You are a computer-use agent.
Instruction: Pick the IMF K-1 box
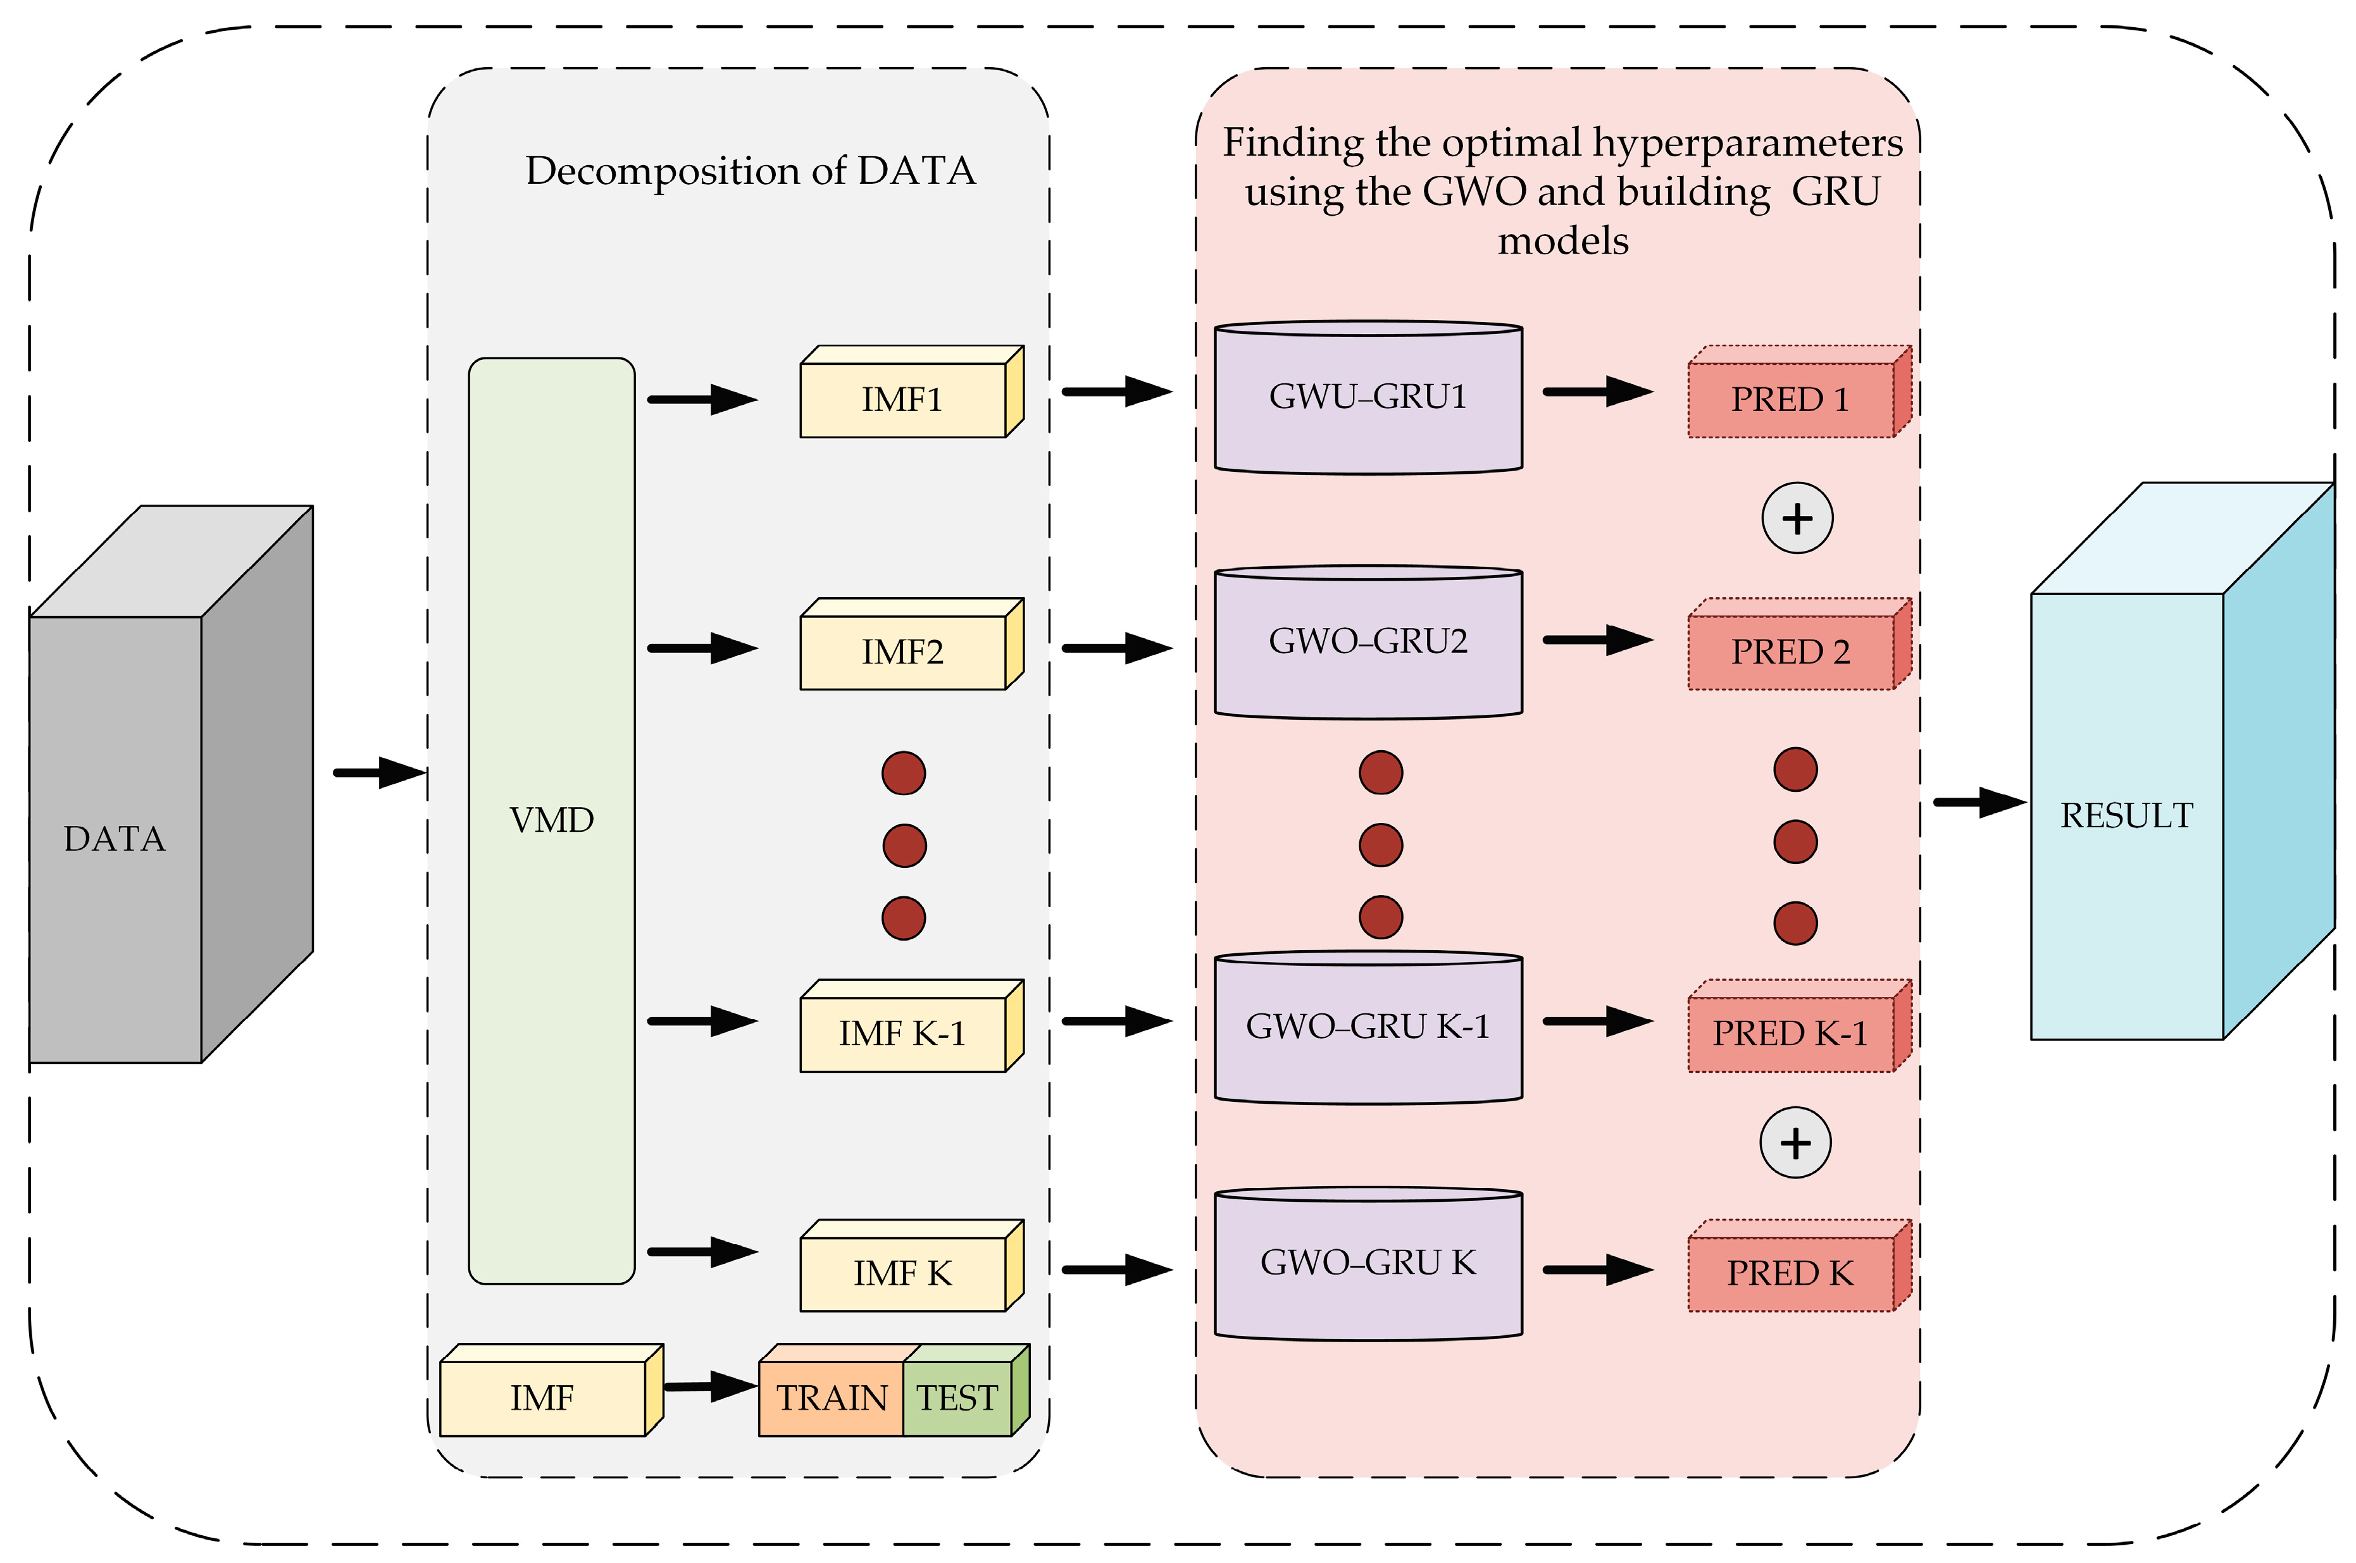coord(903,1033)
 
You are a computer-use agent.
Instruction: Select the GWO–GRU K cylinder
coord(1368,1263)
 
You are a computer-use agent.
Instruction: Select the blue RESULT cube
coord(2127,815)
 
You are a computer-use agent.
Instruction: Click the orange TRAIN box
coord(832,1397)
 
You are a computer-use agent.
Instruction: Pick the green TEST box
coord(957,1397)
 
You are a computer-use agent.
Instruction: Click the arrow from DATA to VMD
coord(380,772)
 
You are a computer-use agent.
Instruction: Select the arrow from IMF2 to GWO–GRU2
coord(1117,648)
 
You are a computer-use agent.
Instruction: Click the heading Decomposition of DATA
coord(750,170)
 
